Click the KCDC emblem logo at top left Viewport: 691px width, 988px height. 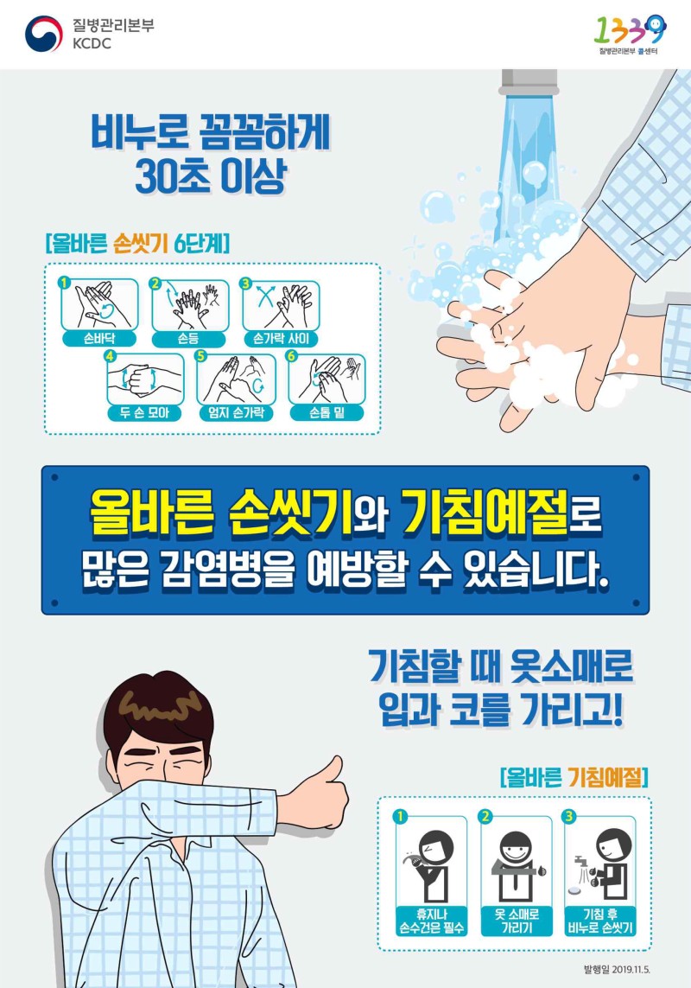[x=44, y=34]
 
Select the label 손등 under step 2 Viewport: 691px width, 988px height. [x=187, y=339]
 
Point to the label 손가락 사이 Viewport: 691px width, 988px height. [x=281, y=339]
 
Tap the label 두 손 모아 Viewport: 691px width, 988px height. [x=145, y=413]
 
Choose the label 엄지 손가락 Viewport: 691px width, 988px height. [x=236, y=413]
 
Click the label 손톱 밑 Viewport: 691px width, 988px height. [x=326, y=413]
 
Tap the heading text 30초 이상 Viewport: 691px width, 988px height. [x=210, y=178]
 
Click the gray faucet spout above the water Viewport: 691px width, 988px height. [x=529, y=82]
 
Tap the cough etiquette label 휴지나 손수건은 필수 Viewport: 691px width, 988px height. [x=432, y=921]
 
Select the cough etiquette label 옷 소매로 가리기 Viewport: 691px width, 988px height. [x=516, y=921]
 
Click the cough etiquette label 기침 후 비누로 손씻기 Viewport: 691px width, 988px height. [x=599, y=921]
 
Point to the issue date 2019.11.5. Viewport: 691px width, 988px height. [x=631, y=968]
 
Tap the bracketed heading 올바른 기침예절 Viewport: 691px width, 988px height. [x=574, y=778]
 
